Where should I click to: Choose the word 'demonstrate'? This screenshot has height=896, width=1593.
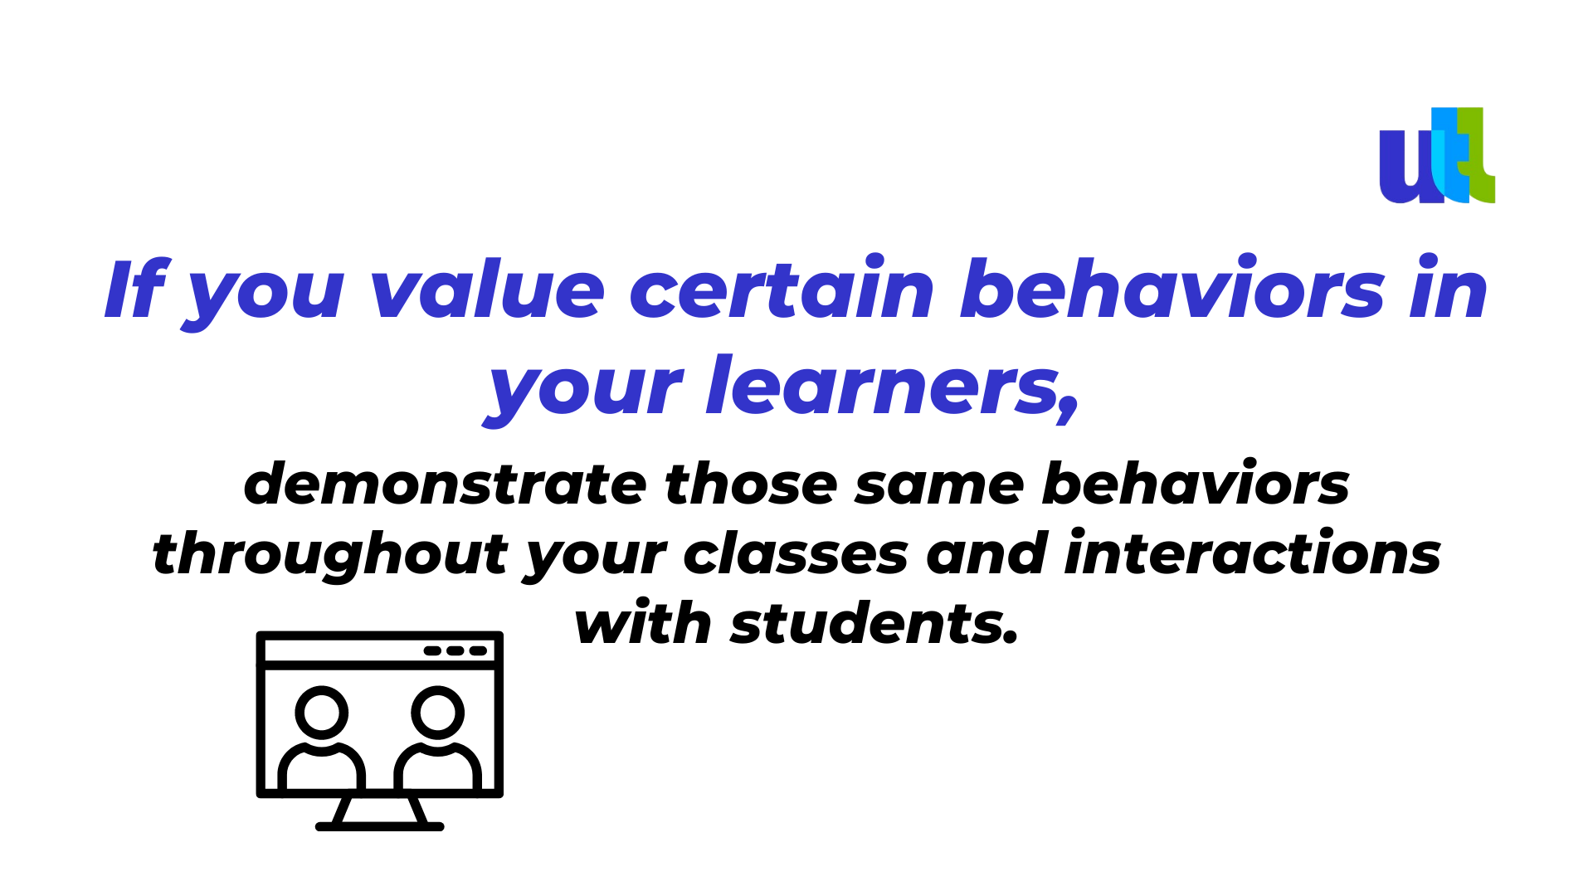445,484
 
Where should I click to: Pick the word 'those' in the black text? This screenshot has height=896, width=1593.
752,484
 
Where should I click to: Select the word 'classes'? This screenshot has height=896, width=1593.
796,554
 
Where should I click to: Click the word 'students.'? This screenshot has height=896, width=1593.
874,623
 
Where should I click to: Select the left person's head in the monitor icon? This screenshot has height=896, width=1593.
322,713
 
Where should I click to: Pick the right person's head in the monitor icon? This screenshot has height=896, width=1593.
438,713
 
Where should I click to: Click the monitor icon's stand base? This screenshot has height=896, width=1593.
380,826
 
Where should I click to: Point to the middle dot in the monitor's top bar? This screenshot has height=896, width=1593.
455,650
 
